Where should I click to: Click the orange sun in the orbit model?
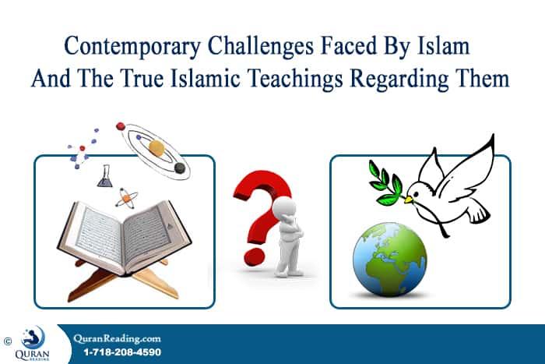pos(156,147)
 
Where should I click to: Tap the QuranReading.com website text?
pos(117,337)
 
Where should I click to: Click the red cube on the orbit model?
pos(121,125)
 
